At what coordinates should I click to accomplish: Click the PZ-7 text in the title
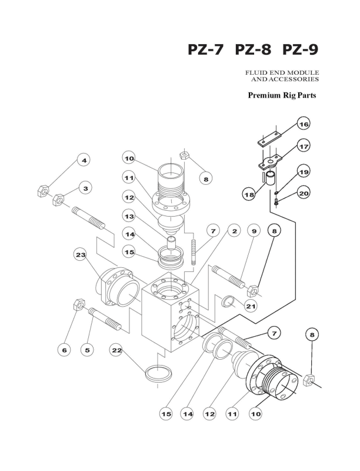(x=206, y=50)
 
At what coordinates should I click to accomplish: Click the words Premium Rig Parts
(x=282, y=95)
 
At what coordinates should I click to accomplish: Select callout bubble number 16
(x=304, y=124)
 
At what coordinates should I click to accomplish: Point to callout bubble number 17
(x=304, y=146)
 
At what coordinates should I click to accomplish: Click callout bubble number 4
(x=84, y=161)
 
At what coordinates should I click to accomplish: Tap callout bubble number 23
(x=81, y=255)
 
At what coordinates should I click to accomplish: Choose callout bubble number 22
(x=116, y=350)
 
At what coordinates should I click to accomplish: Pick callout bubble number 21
(x=251, y=306)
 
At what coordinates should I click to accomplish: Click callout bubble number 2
(x=234, y=231)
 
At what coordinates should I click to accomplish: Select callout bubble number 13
(x=129, y=216)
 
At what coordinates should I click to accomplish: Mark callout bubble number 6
(x=64, y=350)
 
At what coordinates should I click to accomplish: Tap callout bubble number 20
(x=304, y=193)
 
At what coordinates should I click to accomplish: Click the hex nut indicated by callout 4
(x=43, y=191)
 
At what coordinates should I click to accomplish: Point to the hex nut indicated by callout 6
(x=78, y=304)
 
